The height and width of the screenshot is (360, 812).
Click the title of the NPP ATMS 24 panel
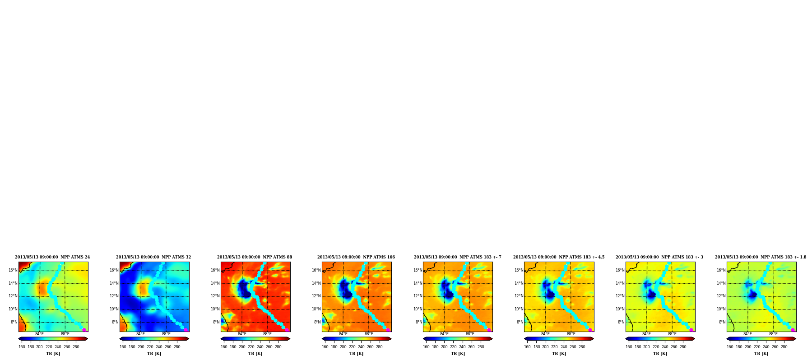(x=52, y=257)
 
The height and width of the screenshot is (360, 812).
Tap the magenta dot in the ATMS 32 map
(x=185, y=330)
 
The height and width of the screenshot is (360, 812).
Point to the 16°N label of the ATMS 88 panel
(x=215, y=270)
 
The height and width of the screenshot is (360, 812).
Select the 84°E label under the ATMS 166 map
(x=343, y=334)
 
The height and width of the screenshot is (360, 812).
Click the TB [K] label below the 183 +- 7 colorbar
(x=458, y=354)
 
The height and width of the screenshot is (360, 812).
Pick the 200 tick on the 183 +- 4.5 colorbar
(x=546, y=347)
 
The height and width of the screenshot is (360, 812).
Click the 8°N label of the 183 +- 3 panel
(x=621, y=322)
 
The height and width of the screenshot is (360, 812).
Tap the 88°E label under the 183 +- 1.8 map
(x=773, y=334)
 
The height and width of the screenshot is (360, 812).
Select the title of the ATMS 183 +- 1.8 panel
(x=761, y=257)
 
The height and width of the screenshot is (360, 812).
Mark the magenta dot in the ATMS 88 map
(x=286, y=330)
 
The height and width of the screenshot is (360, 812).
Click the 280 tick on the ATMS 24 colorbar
(x=76, y=347)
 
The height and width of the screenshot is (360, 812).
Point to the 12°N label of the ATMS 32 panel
(x=114, y=296)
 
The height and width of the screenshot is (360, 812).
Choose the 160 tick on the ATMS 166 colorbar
(x=325, y=347)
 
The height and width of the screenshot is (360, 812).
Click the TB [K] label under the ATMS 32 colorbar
(x=154, y=354)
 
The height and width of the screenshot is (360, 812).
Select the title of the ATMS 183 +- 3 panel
(x=659, y=257)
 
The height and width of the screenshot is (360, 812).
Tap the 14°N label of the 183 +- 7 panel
(x=418, y=283)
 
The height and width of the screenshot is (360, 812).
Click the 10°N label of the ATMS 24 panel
(x=13, y=309)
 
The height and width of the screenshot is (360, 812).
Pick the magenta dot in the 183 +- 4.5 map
(x=590, y=330)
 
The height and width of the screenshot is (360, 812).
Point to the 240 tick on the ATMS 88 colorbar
(x=260, y=347)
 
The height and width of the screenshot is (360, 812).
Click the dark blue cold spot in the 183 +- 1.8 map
(x=752, y=295)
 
